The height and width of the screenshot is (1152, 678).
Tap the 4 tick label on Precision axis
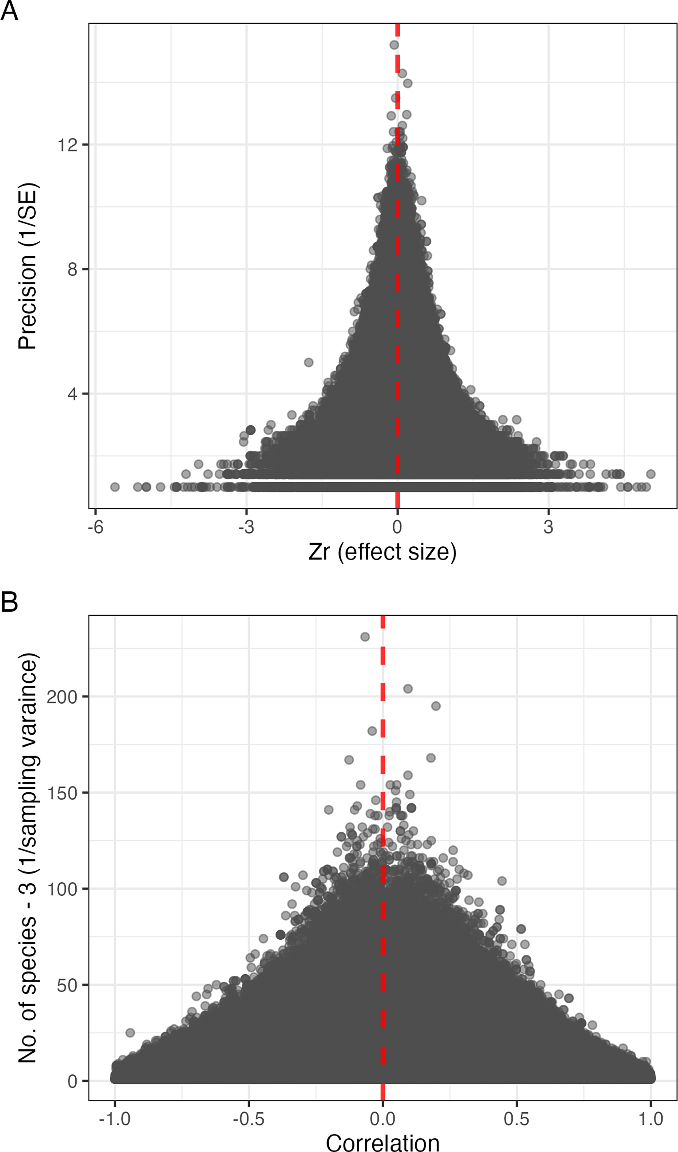(x=72, y=394)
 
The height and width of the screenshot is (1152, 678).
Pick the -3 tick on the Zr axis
(x=246, y=527)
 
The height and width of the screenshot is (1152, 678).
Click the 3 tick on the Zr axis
(x=548, y=527)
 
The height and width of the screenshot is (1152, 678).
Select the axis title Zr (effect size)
(x=382, y=552)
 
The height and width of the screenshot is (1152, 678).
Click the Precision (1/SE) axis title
(x=27, y=266)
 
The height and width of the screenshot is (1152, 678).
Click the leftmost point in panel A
(x=115, y=487)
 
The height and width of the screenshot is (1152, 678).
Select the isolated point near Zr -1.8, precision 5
(x=309, y=362)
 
